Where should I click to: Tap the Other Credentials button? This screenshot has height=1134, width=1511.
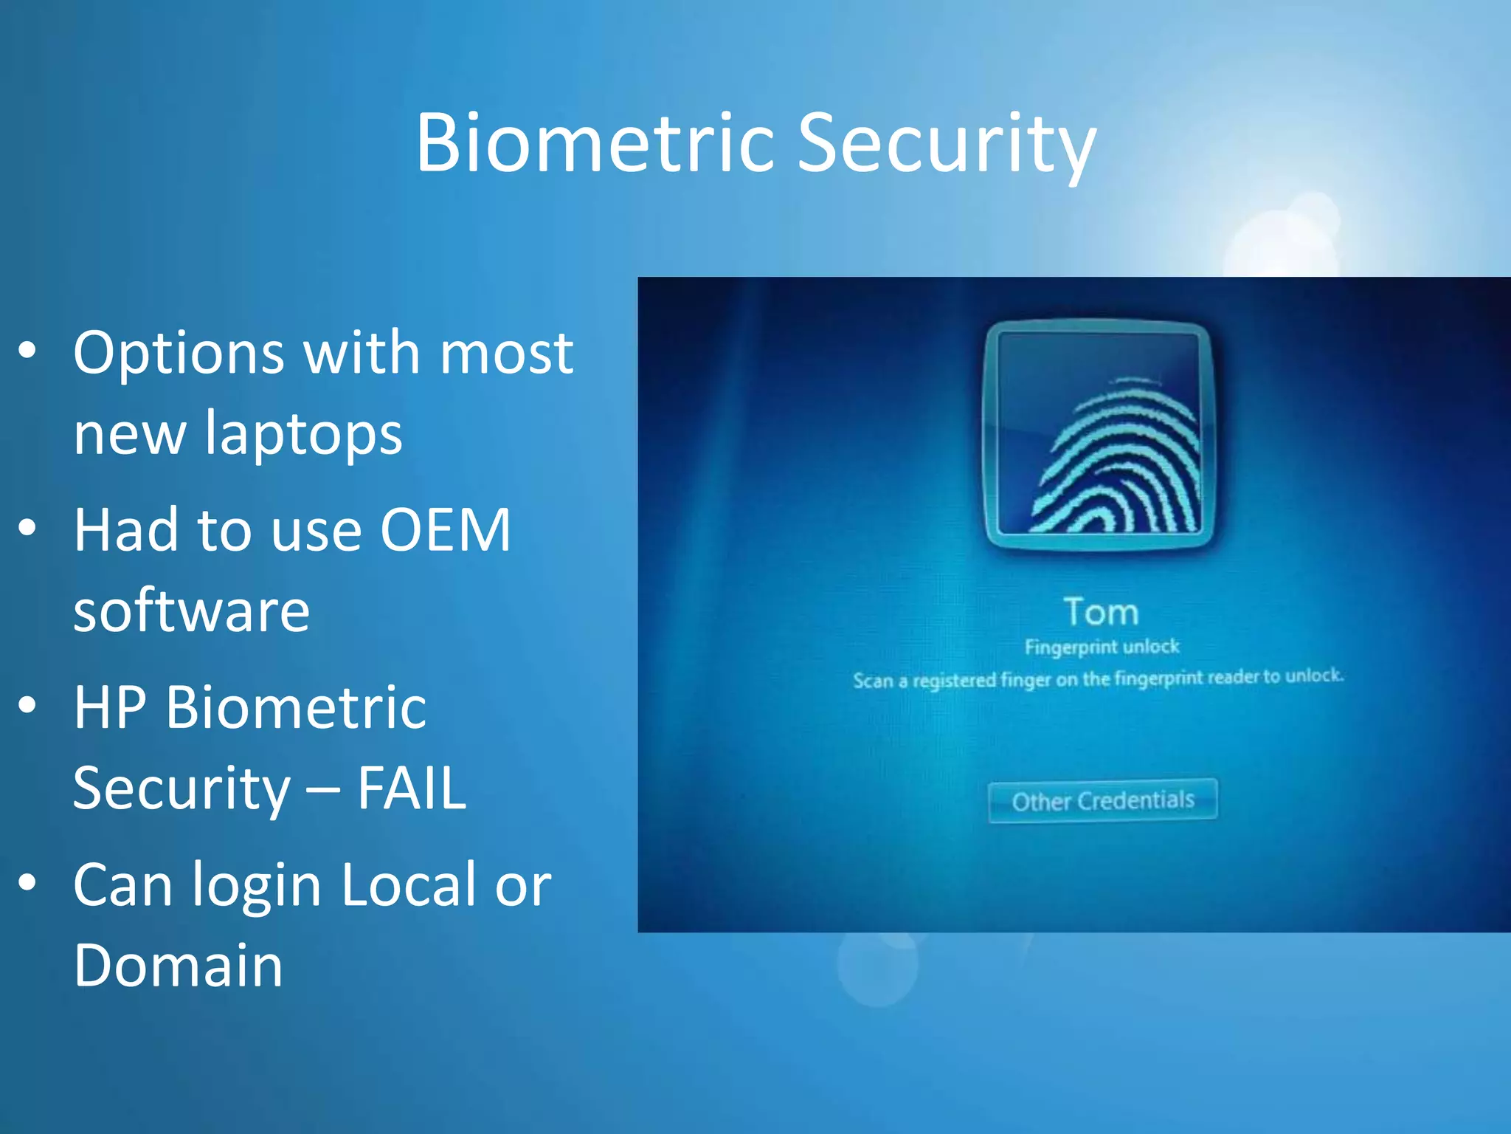1102,800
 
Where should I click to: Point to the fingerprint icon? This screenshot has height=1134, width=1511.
1099,437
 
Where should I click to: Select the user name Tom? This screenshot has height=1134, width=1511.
1101,612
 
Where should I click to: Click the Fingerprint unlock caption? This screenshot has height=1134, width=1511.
1102,647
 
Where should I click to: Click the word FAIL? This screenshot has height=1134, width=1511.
411,788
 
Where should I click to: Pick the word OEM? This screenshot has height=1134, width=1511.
445,529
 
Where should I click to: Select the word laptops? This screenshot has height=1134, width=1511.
303,434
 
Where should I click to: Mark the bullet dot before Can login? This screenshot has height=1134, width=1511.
27,882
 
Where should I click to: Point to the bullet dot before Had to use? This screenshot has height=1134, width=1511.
27,528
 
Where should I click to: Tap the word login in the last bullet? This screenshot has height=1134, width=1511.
256,886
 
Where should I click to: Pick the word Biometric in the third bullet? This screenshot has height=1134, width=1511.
296,707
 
